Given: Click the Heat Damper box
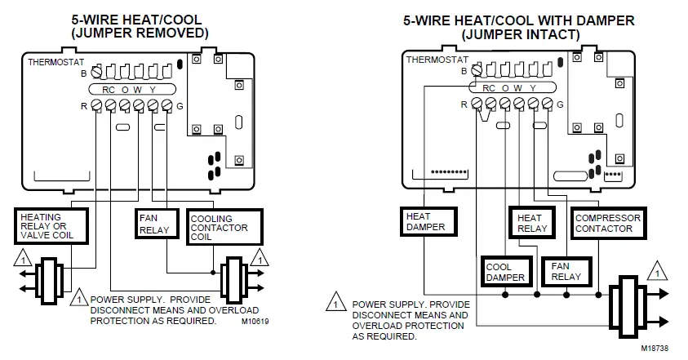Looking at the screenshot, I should click(x=425, y=221).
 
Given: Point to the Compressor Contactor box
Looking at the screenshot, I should click(x=608, y=223).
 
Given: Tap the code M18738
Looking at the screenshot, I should click(x=658, y=348).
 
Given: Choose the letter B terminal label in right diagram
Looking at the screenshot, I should click(x=464, y=72).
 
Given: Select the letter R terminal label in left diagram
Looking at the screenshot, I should click(x=84, y=106).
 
